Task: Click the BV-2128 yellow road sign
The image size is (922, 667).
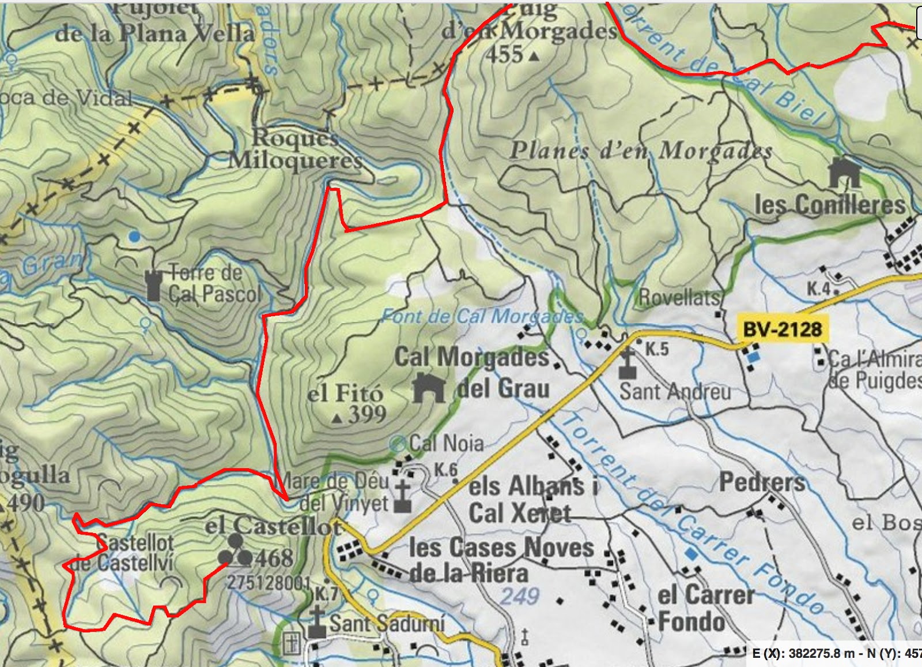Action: [782, 329]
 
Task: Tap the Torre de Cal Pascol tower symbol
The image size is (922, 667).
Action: [153, 286]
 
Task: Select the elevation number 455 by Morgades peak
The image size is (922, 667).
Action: [504, 55]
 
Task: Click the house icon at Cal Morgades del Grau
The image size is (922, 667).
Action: [429, 388]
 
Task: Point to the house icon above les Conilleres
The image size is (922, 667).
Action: [844, 173]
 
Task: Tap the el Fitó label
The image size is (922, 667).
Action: [345, 394]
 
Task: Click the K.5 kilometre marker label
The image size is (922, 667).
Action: [656, 349]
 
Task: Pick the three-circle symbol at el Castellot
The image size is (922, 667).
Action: [235, 550]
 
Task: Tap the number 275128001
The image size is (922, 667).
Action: [269, 583]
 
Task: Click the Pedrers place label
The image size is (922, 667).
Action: [762, 482]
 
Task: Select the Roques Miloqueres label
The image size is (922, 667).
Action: [295, 149]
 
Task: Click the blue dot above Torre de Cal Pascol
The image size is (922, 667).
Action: [134, 236]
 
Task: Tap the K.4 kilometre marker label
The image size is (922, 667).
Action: [818, 288]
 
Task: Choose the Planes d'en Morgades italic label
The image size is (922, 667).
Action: [641, 151]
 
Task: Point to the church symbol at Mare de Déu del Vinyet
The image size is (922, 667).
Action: [402, 497]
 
